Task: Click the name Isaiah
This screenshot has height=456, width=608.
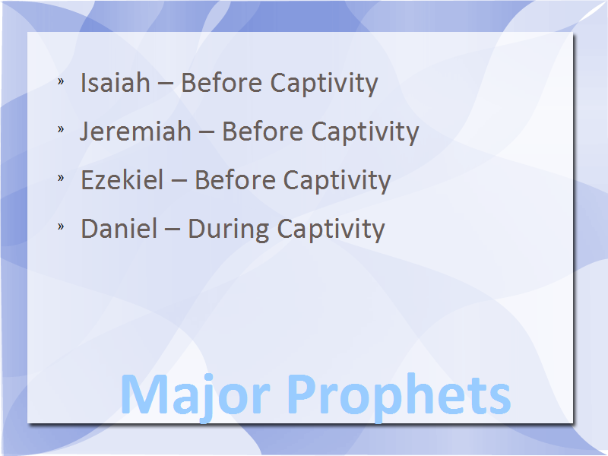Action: [116, 83]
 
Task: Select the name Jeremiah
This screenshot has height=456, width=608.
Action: [136, 131]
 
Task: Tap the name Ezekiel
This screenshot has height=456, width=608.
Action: [122, 179]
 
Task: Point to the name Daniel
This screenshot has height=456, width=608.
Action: [119, 228]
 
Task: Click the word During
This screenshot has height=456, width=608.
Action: [229, 230]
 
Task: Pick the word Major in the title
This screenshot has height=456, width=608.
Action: [195, 396]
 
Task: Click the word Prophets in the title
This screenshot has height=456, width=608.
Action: [399, 396]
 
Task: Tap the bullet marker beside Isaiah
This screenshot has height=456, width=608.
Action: [61, 81]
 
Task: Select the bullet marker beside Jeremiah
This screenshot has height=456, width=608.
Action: [61, 128]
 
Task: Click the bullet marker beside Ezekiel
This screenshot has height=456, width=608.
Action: [61, 177]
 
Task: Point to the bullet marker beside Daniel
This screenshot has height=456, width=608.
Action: [61, 226]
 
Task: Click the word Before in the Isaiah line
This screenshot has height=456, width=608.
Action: [222, 83]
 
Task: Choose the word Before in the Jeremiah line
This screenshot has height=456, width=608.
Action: [263, 131]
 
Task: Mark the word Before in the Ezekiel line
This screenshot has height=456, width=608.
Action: [235, 179]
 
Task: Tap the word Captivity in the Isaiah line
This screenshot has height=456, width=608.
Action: [325, 84]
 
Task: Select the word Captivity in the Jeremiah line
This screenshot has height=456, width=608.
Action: [366, 132]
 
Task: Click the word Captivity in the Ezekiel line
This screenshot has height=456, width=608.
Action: [337, 181]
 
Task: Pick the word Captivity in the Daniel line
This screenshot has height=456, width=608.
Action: [331, 230]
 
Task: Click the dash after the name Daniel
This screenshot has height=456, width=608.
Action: [173, 231]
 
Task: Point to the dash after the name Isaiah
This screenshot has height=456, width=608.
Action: [166, 85]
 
